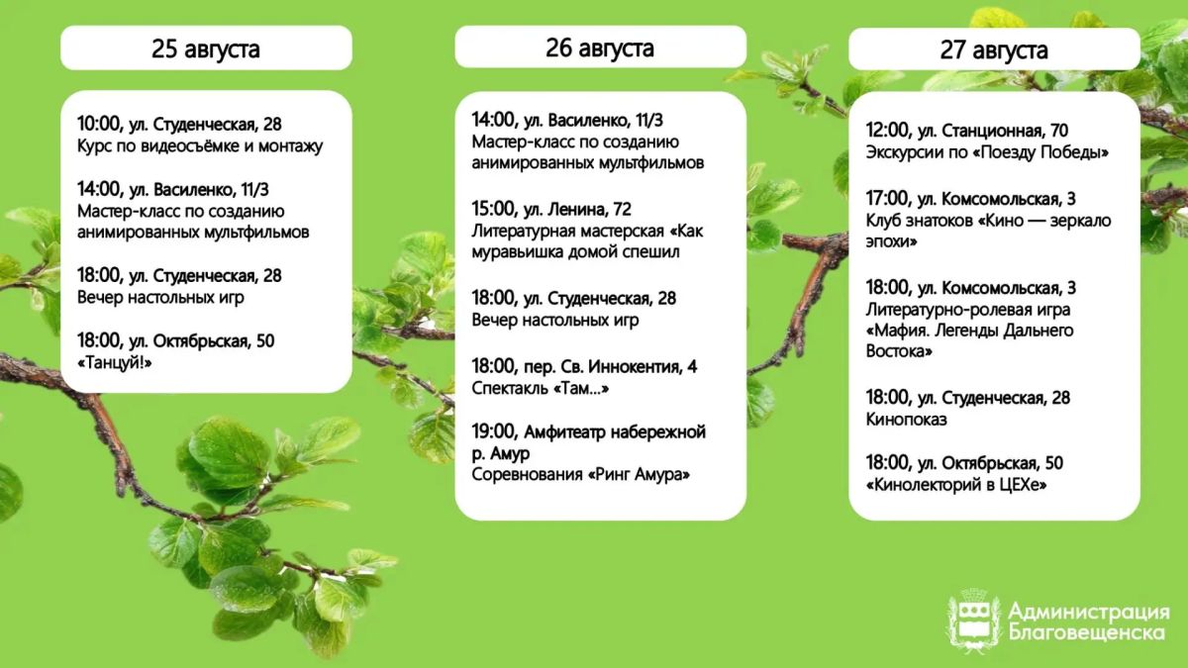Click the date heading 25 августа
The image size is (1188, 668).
click(x=206, y=48)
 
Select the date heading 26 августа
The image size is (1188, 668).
click(x=600, y=48)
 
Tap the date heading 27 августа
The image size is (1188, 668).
click(x=994, y=49)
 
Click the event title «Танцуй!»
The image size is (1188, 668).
click(x=115, y=363)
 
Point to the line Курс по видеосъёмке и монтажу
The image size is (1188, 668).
click(x=200, y=146)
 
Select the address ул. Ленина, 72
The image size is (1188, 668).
click(x=577, y=210)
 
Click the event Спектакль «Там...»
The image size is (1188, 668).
click(x=540, y=389)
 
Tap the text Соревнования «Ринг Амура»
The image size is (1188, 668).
click(x=581, y=474)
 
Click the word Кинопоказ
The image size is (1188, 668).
click(x=906, y=420)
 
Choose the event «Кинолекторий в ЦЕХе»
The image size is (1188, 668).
click(x=956, y=485)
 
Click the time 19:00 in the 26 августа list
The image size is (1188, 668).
click(x=494, y=432)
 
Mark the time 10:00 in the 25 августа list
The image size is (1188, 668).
click(x=99, y=124)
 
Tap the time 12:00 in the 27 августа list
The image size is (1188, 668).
click(x=888, y=131)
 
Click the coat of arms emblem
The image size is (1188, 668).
click(x=973, y=620)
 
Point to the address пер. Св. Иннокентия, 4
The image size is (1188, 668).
click(x=610, y=366)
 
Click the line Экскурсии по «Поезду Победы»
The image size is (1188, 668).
click(x=987, y=152)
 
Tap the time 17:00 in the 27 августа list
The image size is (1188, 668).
click(x=888, y=199)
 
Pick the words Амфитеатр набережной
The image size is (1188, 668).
click(x=615, y=432)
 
